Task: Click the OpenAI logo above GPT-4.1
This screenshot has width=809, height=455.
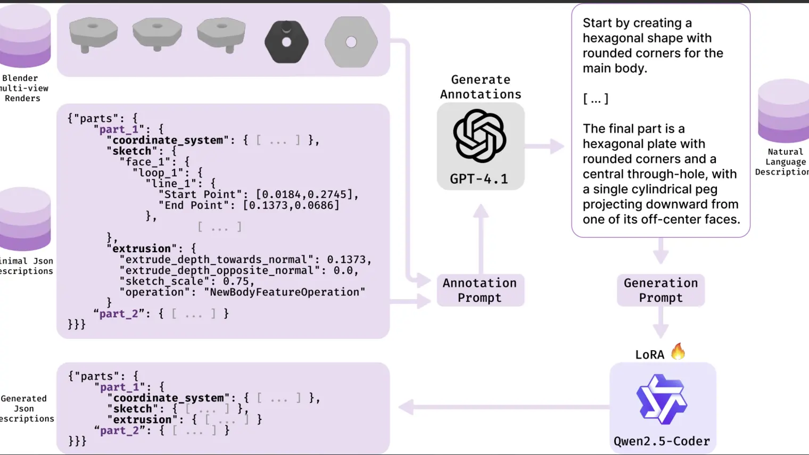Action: [479, 136]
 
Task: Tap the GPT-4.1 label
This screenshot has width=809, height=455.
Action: [479, 179]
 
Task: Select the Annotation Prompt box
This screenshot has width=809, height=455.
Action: [480, 291]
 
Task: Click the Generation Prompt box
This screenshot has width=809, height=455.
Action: [661, 291]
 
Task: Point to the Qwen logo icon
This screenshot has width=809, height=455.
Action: [662, 399]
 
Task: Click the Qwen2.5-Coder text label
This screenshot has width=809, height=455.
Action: [662, 441]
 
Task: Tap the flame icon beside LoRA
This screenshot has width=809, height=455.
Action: [678, 352]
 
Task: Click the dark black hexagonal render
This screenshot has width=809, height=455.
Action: [286, 42]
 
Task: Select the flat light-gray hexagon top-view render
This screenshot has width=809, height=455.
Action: [351, 42]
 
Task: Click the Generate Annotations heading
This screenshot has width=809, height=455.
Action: [481, 87]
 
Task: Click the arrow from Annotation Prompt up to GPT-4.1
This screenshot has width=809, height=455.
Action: [481, 239]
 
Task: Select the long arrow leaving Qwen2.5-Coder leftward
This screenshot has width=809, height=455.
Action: [506, 408]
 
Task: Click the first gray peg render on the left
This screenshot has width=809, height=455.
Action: [93, 35]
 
